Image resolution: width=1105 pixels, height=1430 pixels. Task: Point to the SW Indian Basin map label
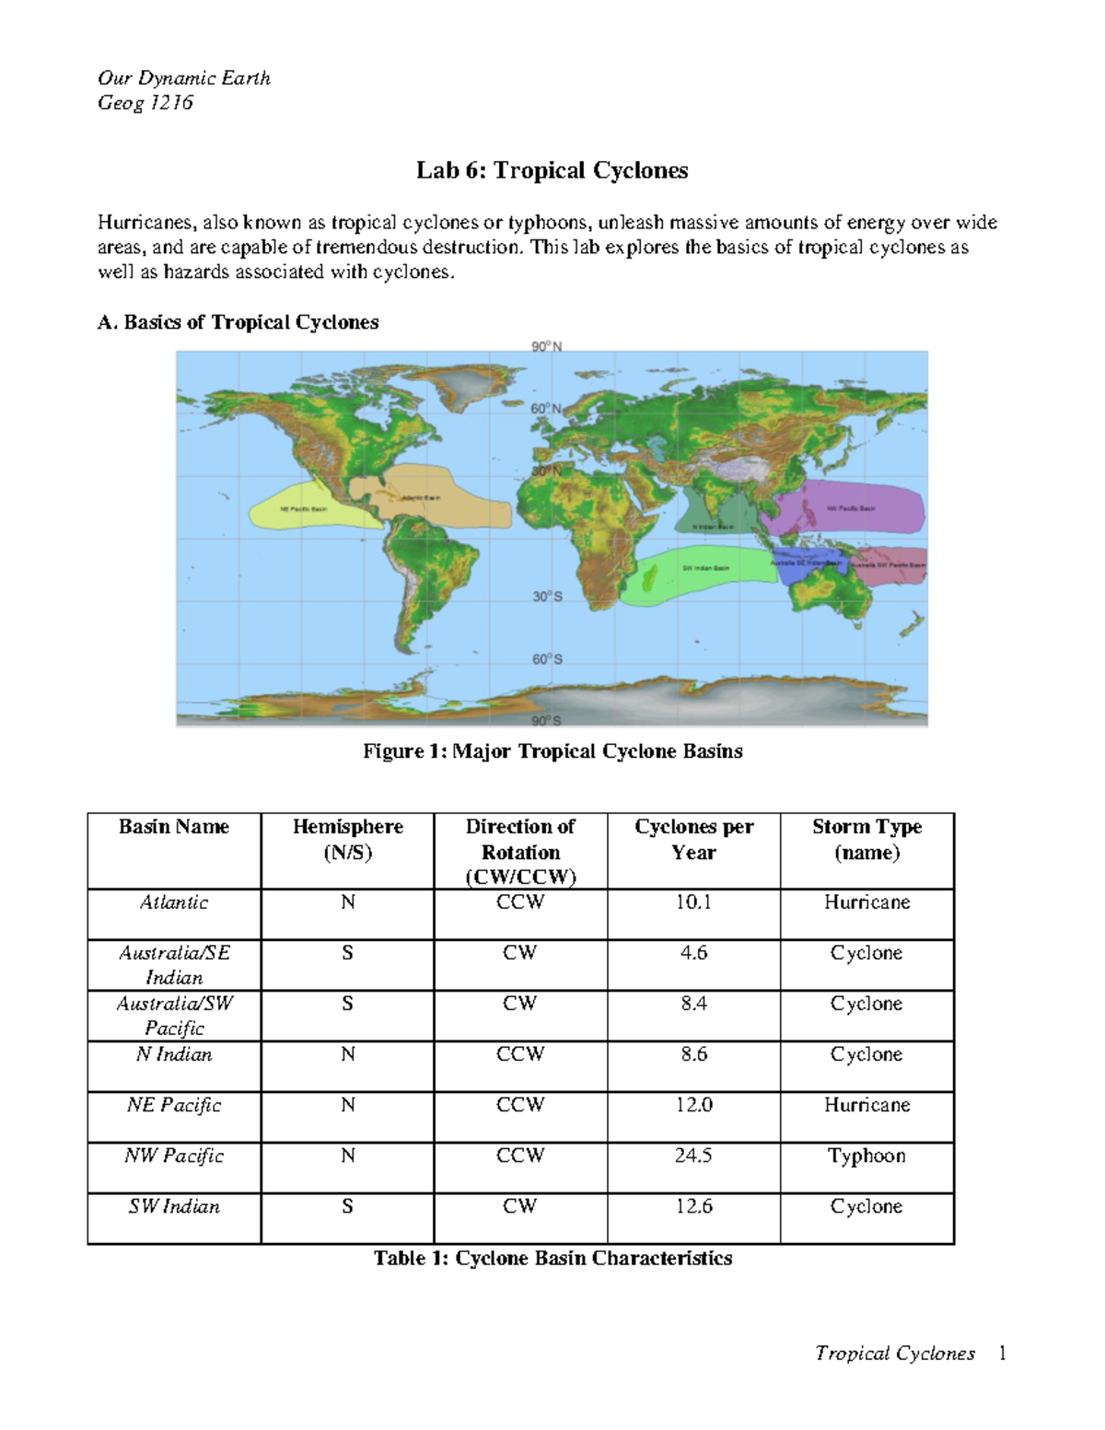click(705, 568)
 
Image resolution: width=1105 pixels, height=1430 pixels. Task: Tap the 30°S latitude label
click(546, 597)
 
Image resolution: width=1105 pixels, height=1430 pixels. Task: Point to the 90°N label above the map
click(546, 346)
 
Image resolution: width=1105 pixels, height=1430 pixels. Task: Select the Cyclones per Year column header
click(693, 840)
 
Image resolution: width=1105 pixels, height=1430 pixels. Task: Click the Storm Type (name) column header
click(867, 840)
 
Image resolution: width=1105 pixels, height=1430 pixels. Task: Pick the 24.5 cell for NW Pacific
click(693, 1156)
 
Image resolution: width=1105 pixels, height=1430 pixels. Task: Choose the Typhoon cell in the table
click(867, 1156)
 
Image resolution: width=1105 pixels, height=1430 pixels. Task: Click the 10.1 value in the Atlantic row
click(693, 902)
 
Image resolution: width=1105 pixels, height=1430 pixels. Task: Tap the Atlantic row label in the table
click(174, 902)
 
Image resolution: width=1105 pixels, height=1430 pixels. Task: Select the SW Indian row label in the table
click(174, 1206)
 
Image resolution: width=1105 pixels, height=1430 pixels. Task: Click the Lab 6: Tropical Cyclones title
click(552, 170)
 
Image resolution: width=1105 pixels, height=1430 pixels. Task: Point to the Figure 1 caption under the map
click(552, 751)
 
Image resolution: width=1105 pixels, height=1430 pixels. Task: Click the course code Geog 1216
click(145, 102)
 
